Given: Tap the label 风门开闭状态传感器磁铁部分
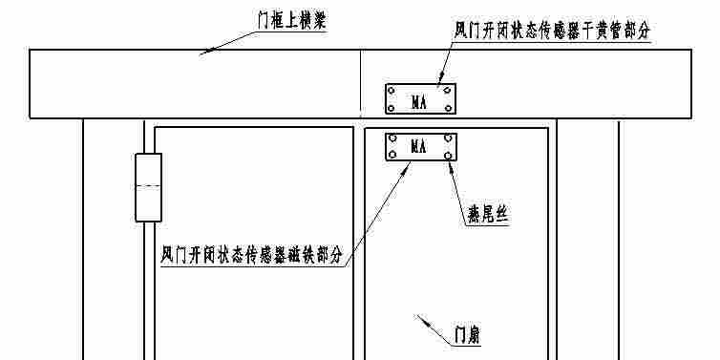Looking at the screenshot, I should tap(252, 256).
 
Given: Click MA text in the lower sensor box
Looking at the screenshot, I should tap(418, 147).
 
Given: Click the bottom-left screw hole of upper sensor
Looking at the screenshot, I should tap(391, 110).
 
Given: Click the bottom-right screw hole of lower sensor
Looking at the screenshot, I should tap(449, 156).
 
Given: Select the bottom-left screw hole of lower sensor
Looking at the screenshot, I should tap(391, 156).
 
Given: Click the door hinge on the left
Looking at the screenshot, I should tap(148, 187).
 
